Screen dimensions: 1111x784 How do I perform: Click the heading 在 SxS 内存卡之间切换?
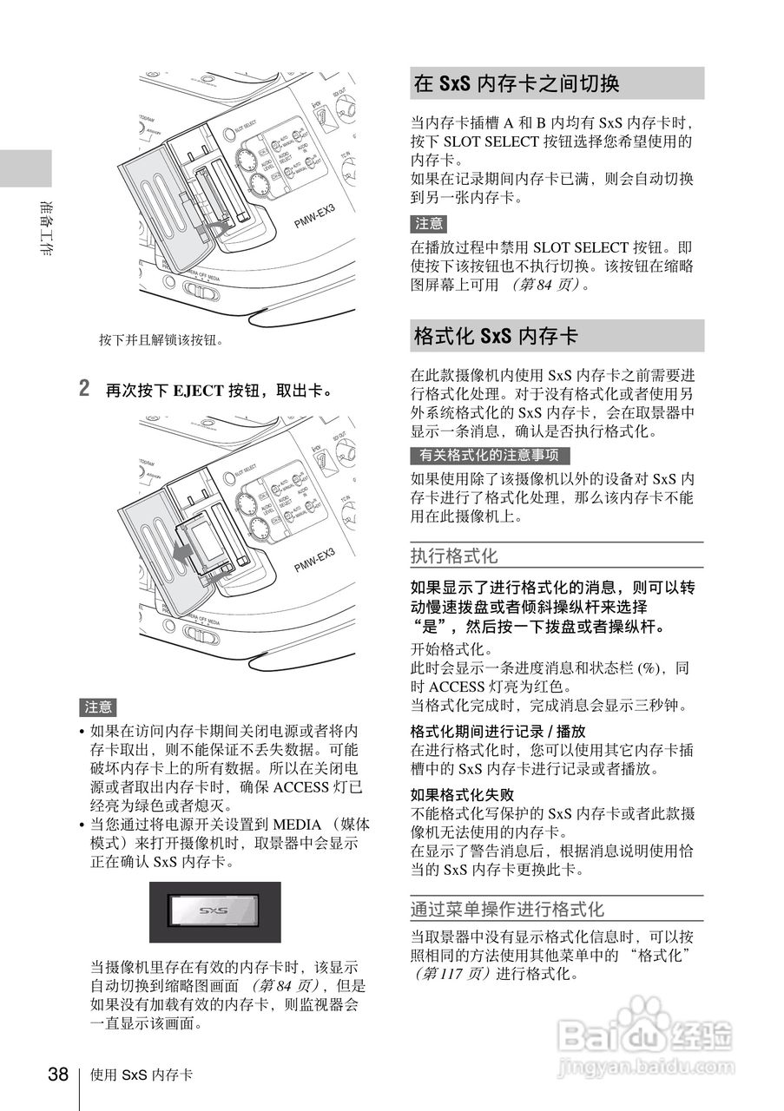point(516,84)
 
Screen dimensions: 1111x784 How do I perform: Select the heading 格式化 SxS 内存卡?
point(496,336)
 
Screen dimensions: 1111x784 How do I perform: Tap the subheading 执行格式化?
point(454,555)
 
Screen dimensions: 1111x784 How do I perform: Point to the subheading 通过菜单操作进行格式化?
point(506,910)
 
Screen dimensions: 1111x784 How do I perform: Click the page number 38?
point(57,1075)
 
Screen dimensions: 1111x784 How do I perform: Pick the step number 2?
point(84,387)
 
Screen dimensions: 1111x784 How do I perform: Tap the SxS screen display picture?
point(214,911)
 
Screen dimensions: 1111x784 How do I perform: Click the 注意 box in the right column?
point(429,224)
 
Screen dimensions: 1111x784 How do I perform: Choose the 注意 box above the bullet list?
point(98,707)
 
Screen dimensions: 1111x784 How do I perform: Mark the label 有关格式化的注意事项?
point(489,455)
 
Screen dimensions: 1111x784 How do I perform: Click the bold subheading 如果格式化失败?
point(462,794)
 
